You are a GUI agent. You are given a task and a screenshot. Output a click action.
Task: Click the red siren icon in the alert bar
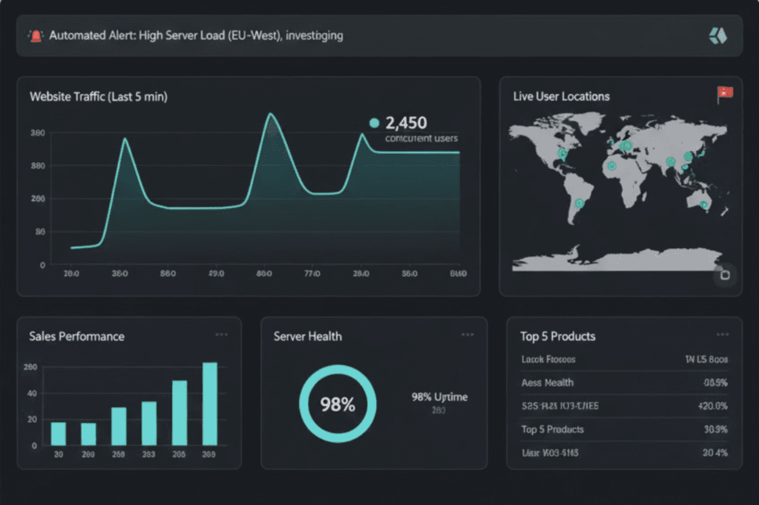coord(35,36)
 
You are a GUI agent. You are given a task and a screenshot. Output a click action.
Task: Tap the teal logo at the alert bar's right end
coord(718,36)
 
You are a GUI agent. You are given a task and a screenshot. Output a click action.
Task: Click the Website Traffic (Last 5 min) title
coord(98,97)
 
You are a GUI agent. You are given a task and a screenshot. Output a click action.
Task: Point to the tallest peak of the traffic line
coord(271,115)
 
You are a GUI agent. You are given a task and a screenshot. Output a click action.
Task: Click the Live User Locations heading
coord(561,96)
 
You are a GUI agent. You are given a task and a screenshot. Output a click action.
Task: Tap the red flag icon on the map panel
coord(724,95)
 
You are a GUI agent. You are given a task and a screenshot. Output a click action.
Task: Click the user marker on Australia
coord(704,204)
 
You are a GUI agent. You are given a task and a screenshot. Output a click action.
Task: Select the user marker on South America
coord(579,203)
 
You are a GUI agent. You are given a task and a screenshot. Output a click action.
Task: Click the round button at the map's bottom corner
coord(724,275)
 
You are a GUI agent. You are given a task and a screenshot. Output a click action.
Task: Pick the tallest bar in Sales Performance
coord(210,403)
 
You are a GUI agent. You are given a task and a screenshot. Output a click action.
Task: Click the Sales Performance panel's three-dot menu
coord(221,335)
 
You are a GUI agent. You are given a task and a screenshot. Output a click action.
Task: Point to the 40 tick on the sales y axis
coord(32,393)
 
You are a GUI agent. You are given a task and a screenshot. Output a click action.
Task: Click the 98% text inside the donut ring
coord(337,405)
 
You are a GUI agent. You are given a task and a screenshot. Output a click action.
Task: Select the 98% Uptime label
coord(439,397)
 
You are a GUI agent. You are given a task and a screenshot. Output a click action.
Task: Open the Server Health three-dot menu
coord(468,335)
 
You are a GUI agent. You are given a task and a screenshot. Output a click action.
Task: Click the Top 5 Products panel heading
coord(558,336)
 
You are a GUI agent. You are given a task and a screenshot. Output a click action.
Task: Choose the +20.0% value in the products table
coord(712,406)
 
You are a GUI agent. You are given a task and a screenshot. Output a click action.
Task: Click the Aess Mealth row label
coord(547,383)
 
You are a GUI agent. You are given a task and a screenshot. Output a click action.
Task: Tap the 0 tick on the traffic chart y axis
coord(42,264)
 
